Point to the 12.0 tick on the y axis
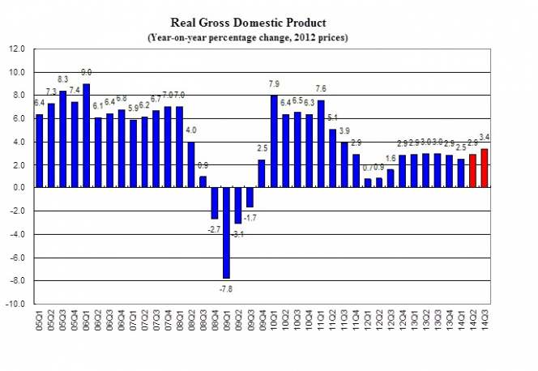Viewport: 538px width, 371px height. (18, 49)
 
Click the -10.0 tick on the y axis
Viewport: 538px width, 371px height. (17, 305)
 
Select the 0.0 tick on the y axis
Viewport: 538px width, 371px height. (19, 188)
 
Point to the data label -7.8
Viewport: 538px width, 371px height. (227, 288)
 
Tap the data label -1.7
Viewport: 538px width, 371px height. (252, 217)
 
